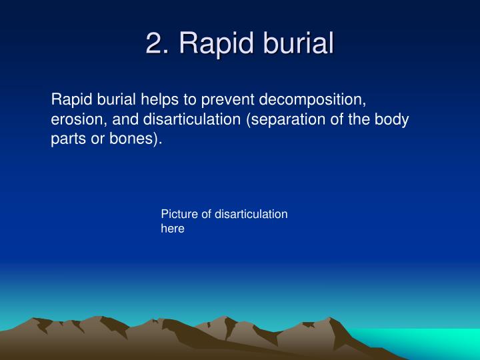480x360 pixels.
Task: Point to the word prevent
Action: pos(227,101)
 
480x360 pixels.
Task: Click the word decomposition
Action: pos(313,101)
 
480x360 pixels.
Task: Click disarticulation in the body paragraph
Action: pos(183,121)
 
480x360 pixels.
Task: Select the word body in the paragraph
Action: pos(392,121)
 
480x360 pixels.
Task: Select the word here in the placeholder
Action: pos(172,228)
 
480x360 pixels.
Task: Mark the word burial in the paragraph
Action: pos(117,101)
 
